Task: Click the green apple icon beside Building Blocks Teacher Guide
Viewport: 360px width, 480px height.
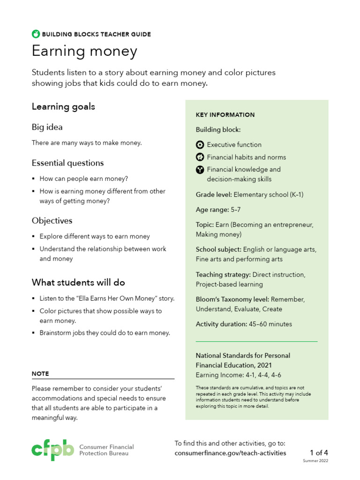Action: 36,34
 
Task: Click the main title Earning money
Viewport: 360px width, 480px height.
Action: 84,51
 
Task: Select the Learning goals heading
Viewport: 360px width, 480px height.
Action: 63,106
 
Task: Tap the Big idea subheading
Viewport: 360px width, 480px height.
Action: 47,127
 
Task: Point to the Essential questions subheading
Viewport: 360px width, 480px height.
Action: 67,163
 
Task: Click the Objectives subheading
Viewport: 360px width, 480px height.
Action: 52,220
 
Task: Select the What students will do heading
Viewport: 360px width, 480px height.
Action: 78,282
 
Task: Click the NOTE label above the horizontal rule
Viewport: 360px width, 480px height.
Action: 40,374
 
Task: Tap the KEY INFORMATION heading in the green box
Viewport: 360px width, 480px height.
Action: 225,115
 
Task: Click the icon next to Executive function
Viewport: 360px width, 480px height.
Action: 200,144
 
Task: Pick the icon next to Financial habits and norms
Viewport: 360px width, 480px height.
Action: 200,157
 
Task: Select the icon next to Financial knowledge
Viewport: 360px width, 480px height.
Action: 200,170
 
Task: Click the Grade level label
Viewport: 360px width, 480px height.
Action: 213,195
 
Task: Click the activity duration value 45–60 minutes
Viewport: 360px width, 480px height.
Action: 270,324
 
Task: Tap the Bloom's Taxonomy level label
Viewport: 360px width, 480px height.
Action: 232,299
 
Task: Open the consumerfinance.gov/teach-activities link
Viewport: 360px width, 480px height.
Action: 230,453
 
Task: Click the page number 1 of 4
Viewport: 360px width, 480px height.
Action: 319,452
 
